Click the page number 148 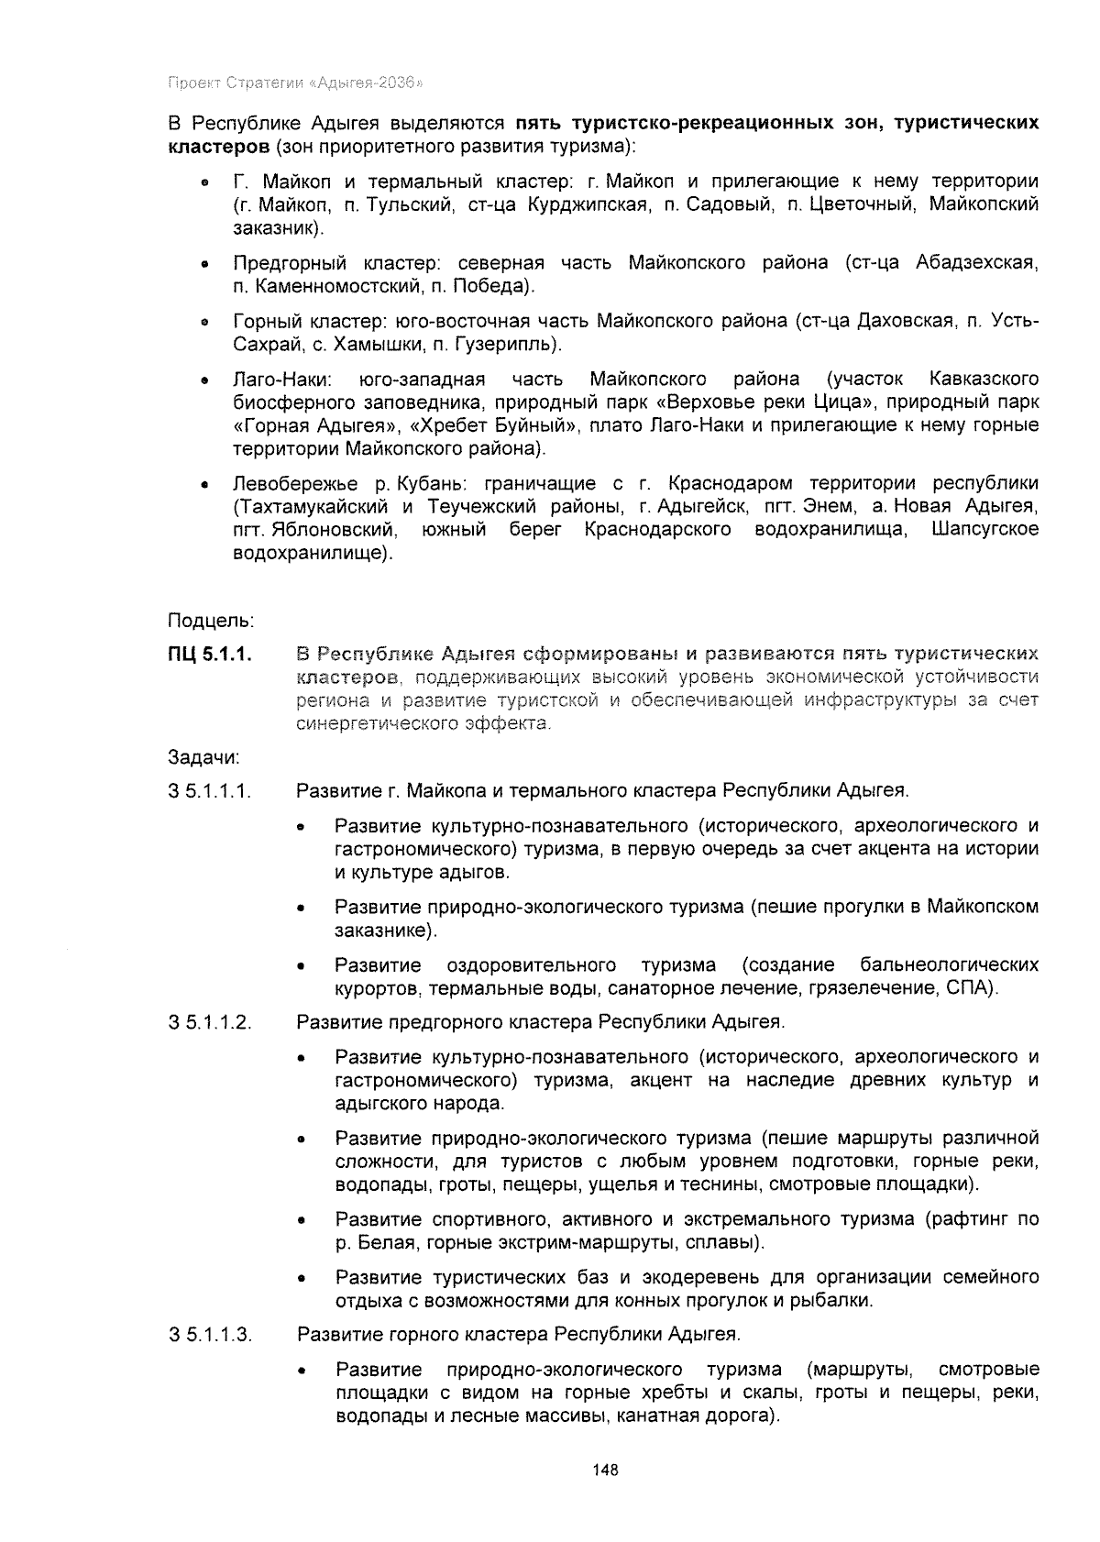click(605, 1470)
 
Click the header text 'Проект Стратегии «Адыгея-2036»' click(294, 83)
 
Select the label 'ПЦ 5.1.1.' click(210, 655)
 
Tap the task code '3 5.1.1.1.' click(210, 790)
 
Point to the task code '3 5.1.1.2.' click(210, 1022)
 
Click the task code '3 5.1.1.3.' click(210, 1334)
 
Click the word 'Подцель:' click(210, 621)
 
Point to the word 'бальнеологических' click(950, 965)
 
